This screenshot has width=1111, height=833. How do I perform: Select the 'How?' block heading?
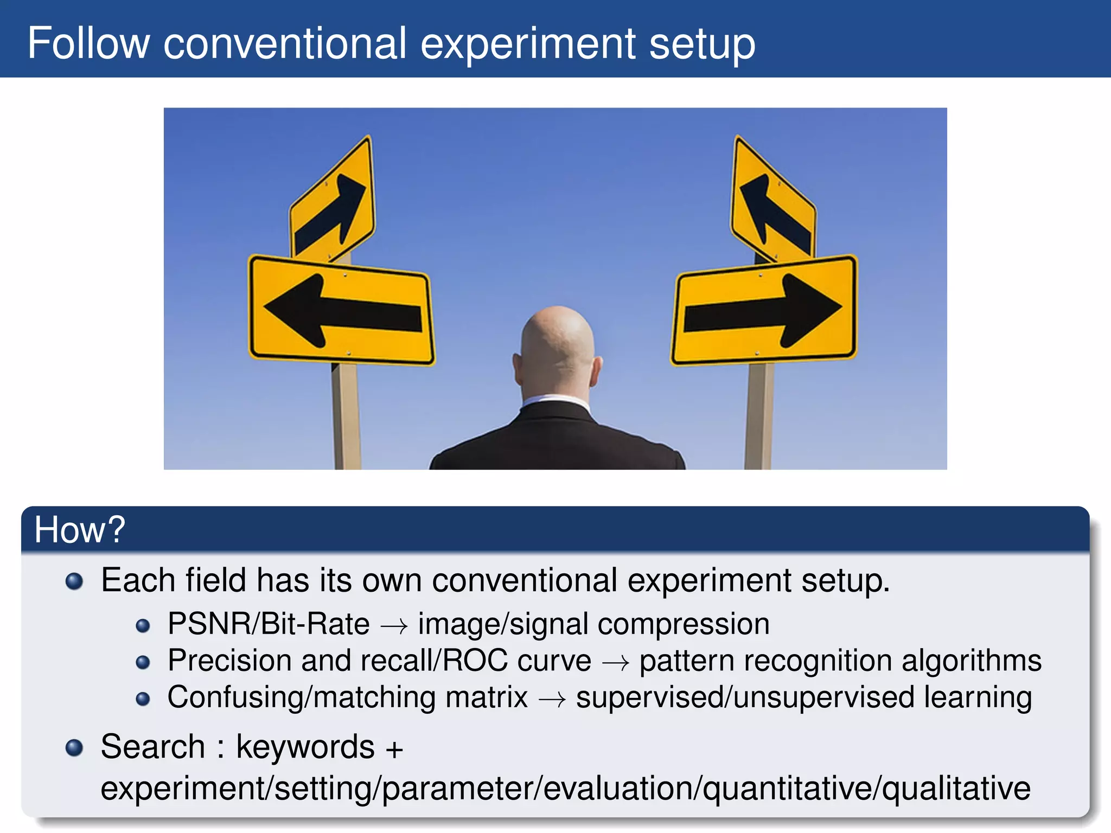(x=79, y=529)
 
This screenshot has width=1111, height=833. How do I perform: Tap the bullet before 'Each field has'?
(x=74, y=582)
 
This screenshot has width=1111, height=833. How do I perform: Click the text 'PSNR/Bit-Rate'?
(x=269, y=624)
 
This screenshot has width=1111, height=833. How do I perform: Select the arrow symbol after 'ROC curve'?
(x=615, y=662)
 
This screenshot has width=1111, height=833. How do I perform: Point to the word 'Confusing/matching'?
(x=347, y=697)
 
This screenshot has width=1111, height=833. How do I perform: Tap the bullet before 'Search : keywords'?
(x=74, y=748)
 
